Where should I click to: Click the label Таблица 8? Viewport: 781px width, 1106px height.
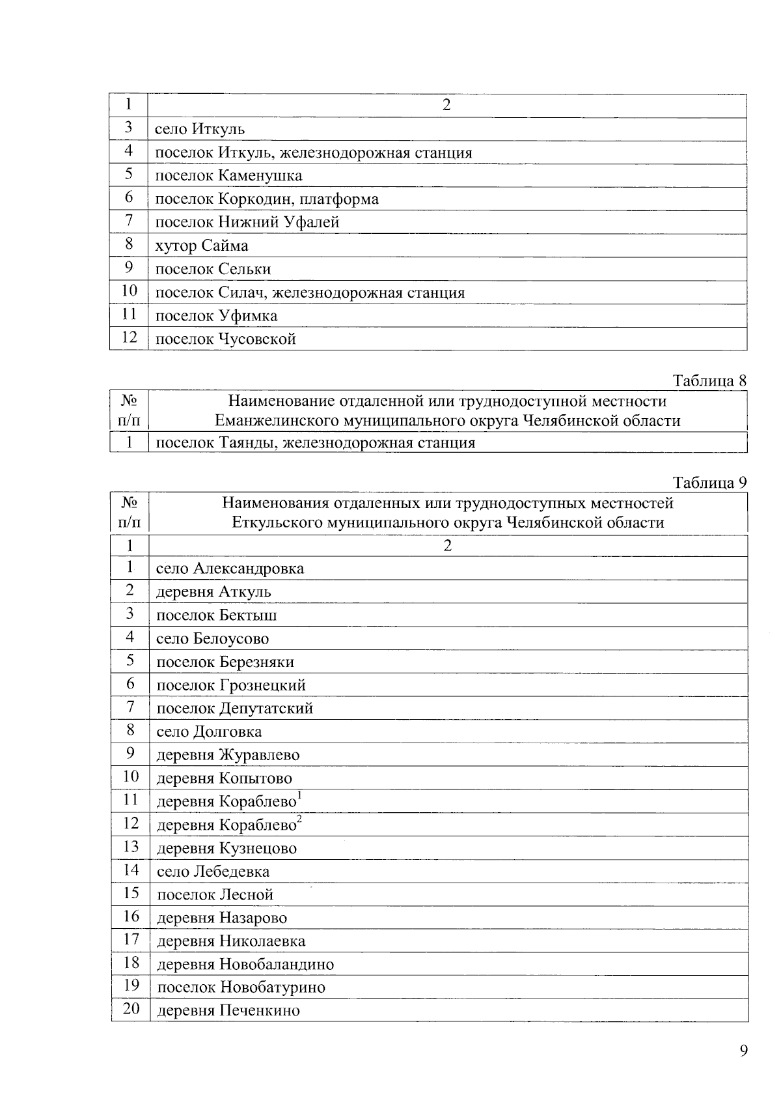tap(709, 381)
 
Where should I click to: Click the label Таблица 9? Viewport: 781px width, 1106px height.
tap(709, 483)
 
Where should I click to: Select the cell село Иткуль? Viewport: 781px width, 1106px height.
tap(200, 130)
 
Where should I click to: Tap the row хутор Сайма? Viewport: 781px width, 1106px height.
tap(202, 246)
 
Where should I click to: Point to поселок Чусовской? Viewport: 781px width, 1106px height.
tap(226, 339)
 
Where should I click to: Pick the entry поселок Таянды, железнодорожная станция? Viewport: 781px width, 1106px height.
tap(316, 444)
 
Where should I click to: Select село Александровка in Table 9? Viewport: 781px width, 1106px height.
tap(230, 569)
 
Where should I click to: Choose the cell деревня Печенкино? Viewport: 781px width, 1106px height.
tap(228, 1011)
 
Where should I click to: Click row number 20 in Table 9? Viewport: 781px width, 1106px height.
tap(131, 1009)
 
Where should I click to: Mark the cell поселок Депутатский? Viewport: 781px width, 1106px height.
tap(234, 709)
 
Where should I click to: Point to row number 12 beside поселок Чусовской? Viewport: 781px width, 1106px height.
tap(130, 337)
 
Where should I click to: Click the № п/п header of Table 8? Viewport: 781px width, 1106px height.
tap(129, 411)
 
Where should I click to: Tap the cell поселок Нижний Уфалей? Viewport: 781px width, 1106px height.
tap(247, 223)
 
